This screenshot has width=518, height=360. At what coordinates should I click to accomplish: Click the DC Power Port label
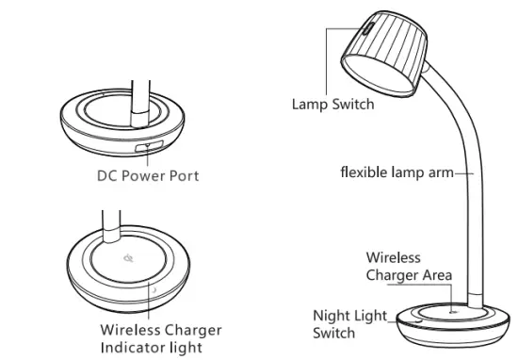coord(148,176)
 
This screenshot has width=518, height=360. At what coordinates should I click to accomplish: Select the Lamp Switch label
coord(332,105)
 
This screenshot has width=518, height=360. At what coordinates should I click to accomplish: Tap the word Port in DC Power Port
coord(184,176)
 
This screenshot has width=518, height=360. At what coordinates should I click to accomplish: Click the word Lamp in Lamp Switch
coord(308,105)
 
